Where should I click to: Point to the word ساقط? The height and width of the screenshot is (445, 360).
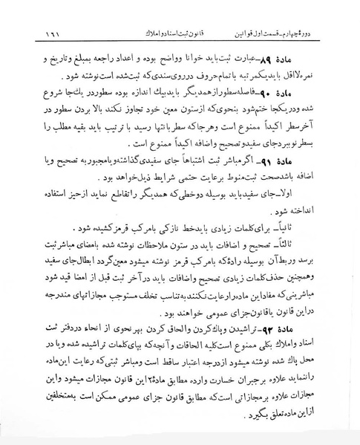[164, 363]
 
